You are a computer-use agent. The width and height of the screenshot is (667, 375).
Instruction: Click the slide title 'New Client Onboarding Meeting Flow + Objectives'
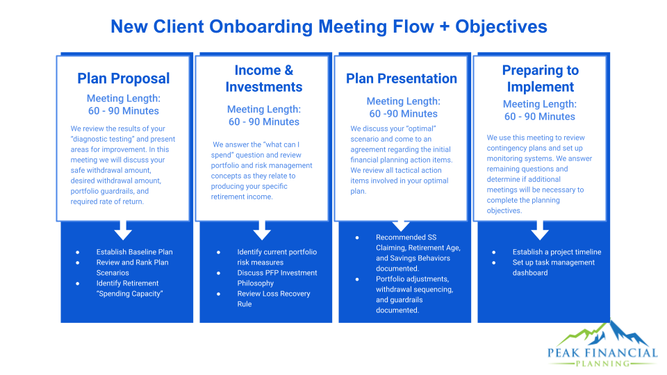tap(329, 26)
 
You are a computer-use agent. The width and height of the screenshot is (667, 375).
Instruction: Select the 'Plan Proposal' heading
tap(123, 78)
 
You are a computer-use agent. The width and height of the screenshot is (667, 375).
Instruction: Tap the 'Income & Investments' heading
tap(264, 78)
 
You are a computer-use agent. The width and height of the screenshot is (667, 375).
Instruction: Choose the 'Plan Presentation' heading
tap(402, 78)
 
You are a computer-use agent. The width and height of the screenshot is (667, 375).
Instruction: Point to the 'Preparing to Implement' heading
tap(540, 78)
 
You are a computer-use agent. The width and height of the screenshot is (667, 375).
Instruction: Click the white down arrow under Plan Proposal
tap(123, 229)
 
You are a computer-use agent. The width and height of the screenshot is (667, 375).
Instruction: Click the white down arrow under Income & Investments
tap(262, 229)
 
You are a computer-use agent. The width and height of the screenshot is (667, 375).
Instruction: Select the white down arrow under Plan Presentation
tap(401, 225)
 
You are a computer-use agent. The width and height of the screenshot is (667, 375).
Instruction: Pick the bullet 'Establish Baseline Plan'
tap(134, 252)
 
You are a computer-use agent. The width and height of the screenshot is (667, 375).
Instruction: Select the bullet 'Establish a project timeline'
tap(557, 252)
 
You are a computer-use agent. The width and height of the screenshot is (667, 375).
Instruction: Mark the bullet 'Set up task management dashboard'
tap(553, 267)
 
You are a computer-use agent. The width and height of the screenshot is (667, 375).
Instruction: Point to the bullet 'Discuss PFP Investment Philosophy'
tap(277, 278)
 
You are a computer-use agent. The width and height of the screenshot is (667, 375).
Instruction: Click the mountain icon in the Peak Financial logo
tap(611, 334)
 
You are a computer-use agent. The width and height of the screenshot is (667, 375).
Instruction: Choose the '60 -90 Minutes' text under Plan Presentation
tap(403, 114)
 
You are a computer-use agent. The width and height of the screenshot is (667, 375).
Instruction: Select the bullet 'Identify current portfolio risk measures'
tap(276, 257)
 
